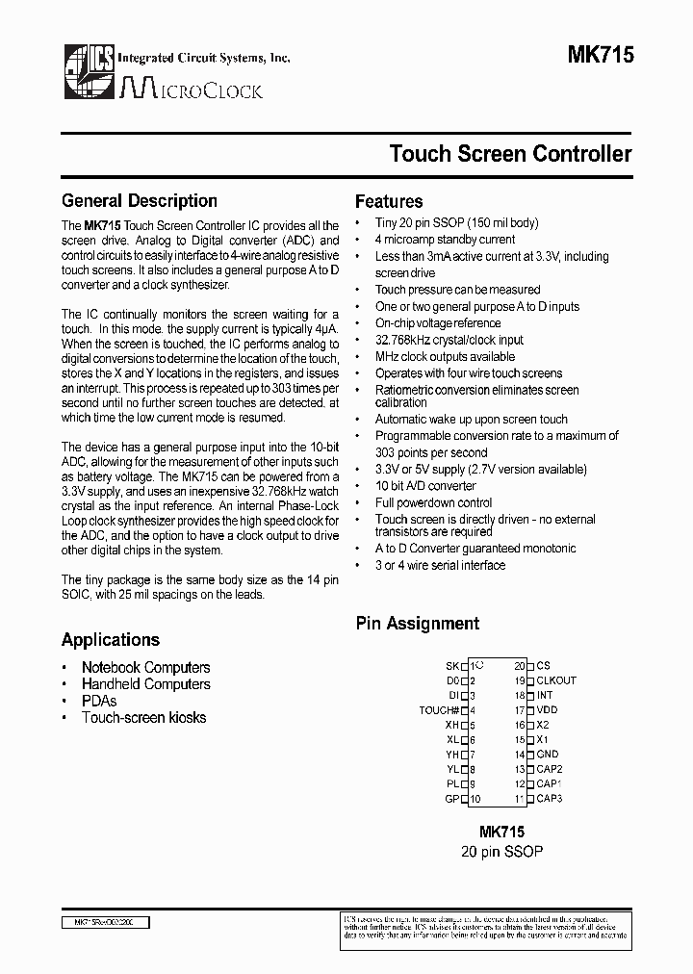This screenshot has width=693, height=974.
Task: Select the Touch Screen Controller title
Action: (x=510, y=154)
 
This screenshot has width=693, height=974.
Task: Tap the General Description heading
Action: (x=140, y=201)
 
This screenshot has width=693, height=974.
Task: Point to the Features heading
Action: (x=389, y=202)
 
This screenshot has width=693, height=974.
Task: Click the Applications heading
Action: (x=111, y=640)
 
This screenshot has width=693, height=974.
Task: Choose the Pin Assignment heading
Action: (x=418, y=624)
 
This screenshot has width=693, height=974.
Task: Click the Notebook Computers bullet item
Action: (x=145, y=667)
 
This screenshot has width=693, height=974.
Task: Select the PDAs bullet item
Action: (x=99, y=701)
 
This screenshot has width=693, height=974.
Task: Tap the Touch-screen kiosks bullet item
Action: (x=143, y=718)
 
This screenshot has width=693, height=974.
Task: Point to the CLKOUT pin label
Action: (x=556, y=680)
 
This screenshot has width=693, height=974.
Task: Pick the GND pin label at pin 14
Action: (x=547, y=755)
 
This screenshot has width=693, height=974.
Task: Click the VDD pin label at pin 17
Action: (x=547, y=710)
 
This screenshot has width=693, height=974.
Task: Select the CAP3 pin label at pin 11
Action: (x=549, y=799)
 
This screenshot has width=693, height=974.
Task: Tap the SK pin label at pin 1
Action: (x=451, y=665)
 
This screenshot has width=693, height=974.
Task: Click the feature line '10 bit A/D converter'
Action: (x=425, y=486)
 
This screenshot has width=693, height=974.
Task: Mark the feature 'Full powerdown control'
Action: (x=433, y=502)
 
